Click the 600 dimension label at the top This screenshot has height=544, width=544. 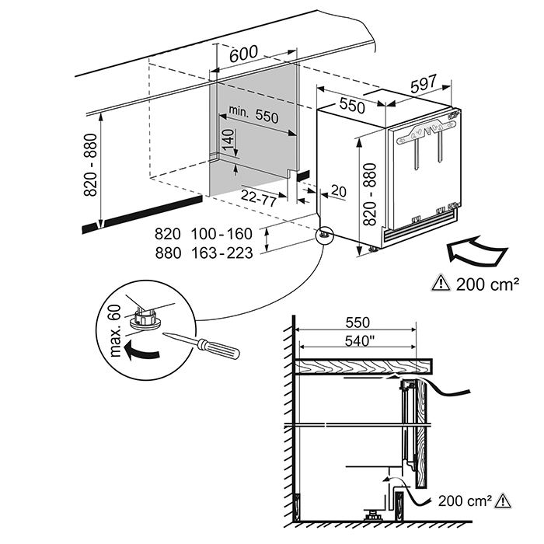point(244,54)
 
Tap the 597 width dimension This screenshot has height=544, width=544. point(424,86)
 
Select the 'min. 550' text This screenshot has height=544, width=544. point(249,116)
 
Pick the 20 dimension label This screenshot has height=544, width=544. point(338,190)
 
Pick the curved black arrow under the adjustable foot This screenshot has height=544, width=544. point(145,351)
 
